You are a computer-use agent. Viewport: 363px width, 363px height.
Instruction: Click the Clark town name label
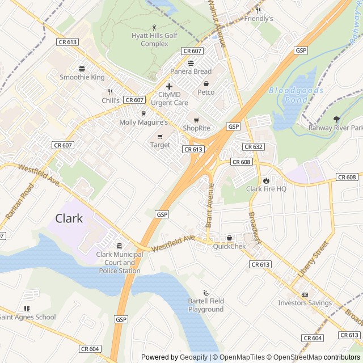click(x=69, y=218)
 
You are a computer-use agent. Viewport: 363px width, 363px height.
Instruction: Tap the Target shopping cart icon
click(x=160, y=136)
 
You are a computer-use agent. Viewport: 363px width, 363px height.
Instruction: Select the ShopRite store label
click(x=196, y=128)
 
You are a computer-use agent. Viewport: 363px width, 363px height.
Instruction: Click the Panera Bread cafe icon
click(x=191, y=62)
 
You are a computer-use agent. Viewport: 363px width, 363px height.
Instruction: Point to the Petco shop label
click(x=206, y=92)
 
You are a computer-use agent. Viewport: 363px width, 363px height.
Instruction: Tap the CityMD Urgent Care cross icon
click(x=169, y=86)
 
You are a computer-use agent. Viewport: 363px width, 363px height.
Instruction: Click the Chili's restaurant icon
click(x=111, y=91)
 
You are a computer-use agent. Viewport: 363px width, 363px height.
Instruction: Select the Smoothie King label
click(x=82, y=77)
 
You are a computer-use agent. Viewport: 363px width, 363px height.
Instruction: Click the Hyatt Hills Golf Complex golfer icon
click(x=154, y=27)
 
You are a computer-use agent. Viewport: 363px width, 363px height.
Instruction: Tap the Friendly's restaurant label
click(x=259, y=19)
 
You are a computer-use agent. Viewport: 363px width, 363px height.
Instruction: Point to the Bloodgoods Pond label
click(x=296, y=95)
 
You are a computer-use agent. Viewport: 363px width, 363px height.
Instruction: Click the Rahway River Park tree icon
click(x=336, y=119)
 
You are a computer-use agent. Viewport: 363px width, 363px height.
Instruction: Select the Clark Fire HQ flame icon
click(x=266, y=180)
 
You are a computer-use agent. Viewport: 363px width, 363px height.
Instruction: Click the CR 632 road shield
click(x=254, y=147)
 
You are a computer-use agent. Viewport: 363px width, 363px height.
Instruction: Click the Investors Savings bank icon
click(x=305, y=294)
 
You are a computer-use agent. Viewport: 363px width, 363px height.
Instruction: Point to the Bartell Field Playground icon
click(x=206, y=293)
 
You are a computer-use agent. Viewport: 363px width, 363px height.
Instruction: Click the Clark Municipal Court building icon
click(x=119, y=246)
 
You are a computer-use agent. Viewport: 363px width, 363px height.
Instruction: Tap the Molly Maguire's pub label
click(x=143, y=122)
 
